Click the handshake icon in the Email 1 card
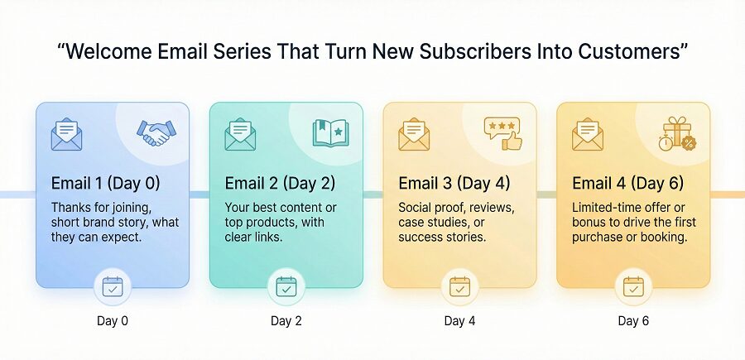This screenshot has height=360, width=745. [156, 133]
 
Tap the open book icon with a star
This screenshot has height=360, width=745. [329, 133]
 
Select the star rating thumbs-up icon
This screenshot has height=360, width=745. [503, 133]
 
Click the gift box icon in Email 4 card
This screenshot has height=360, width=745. [677, 133]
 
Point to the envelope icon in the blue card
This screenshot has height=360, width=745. [66, 135]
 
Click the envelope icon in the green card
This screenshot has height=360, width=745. [240, 135]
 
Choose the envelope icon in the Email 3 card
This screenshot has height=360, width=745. [414, 135]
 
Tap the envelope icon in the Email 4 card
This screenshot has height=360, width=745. [588, 135]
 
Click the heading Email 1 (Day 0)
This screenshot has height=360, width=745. [105, 183]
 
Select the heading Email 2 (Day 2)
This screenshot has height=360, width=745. [279, 183]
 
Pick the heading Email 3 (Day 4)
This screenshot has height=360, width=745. [454, 183]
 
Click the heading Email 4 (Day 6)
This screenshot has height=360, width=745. [627, 183]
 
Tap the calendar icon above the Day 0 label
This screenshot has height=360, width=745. [112, 287]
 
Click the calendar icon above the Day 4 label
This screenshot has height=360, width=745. [459, 287]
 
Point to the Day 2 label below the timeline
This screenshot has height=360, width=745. [286, 320]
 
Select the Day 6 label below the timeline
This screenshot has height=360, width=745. [633, 320]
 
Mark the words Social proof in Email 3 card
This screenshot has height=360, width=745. [433, 206]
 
